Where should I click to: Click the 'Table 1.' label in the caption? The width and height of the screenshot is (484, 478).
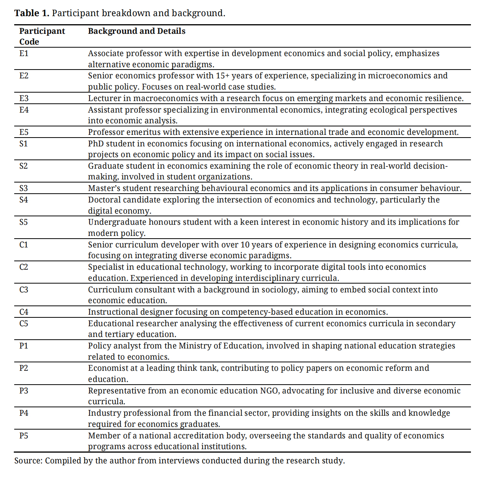[31, 13]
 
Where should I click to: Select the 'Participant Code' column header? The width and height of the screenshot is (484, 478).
[42, 36]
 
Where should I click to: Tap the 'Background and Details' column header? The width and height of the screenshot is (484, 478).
[136, 31]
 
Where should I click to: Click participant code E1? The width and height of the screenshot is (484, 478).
[24, 53]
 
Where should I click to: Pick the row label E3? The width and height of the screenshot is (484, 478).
[24, 98]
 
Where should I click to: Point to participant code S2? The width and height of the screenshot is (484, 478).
[24, 166]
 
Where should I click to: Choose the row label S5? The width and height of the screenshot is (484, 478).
[24, 222]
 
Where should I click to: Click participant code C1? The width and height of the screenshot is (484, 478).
[24, 245]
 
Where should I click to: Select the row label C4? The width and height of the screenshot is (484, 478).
[24, 312]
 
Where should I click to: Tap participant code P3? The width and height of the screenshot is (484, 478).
[24, 391]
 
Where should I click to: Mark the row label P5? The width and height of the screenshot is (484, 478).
[24, 436]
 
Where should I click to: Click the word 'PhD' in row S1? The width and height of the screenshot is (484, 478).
[96, 144]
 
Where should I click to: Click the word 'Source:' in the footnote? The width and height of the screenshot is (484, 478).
[28, 461]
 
